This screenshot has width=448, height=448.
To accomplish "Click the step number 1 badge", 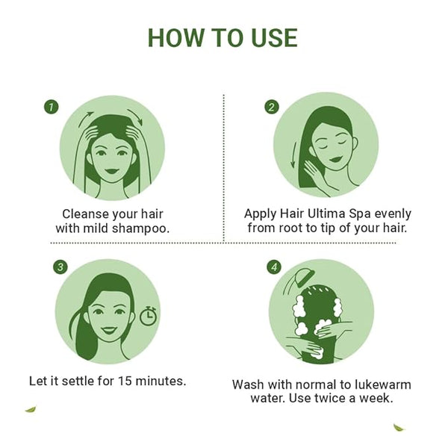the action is [51, 107].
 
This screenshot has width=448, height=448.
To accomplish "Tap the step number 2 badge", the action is [271, 107].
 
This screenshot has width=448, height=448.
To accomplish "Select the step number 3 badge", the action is [60, 267].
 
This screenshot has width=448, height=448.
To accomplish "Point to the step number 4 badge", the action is [274, 267].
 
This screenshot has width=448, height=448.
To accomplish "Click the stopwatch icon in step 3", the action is [148, 316].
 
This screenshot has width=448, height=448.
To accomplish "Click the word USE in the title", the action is [275, 38].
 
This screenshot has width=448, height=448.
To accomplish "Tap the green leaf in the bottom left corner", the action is [31, 409].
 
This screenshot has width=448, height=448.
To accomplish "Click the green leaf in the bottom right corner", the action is [399, 427].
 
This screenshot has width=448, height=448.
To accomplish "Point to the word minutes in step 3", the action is [161, 381].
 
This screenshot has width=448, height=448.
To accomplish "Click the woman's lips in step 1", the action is [111, 172].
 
